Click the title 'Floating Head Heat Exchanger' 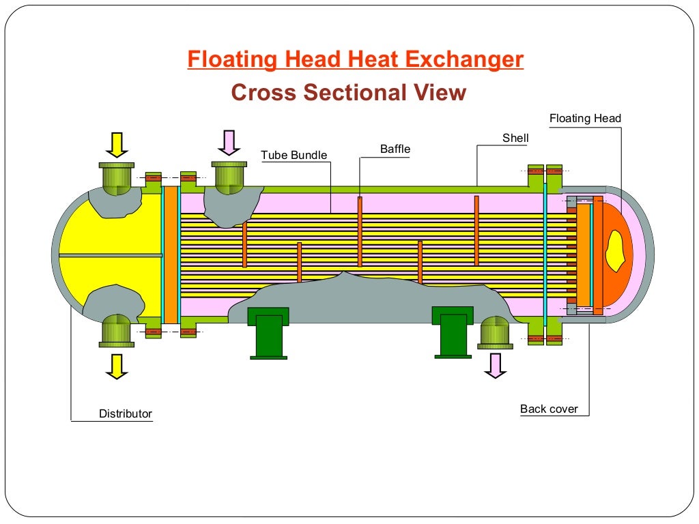click(x=356, y=60)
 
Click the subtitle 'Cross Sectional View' click(x=349, y=92)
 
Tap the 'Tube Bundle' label click(x=294, y=156)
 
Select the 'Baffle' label click(x=395, y=149)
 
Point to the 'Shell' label click(x=515, y=139)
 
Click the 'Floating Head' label click(x=585, y=119)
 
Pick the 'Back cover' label click(x=549, y=409)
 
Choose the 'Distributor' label click(x=126, y=413)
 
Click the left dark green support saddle click(x=268, y=332)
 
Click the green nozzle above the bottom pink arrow click(x=495, y=332)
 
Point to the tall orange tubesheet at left click(x=171, y=254)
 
